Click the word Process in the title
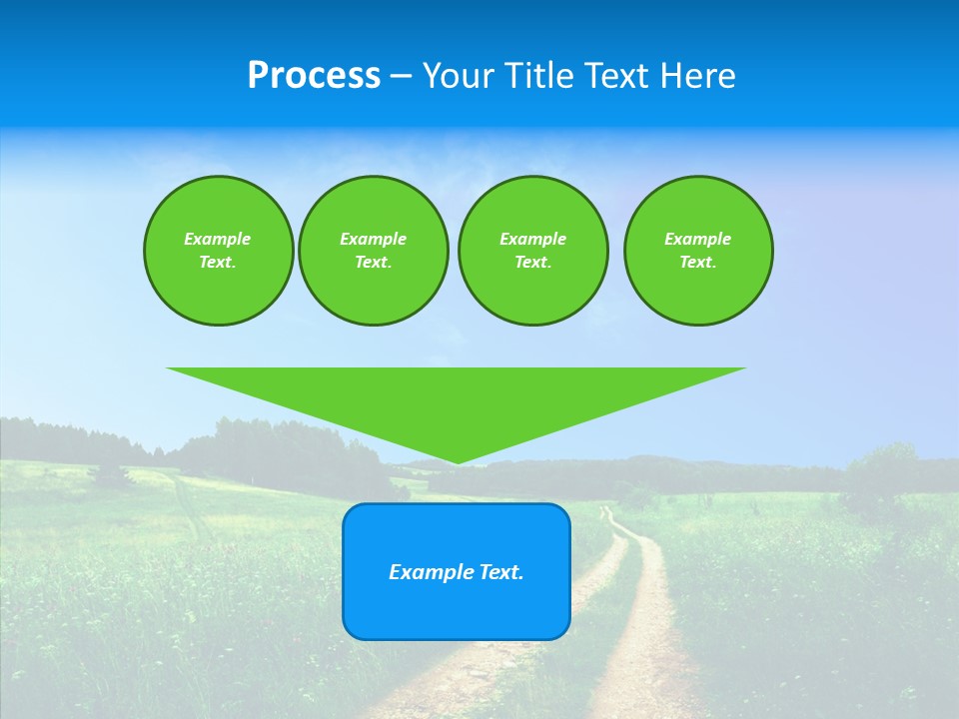coord(314,76)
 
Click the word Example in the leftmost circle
coord(217,239)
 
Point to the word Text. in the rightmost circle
coord(697,262)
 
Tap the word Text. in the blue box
coord(501,572)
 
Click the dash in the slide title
coord(400,76)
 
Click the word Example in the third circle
coord(532,239)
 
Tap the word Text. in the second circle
coord(373,262)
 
